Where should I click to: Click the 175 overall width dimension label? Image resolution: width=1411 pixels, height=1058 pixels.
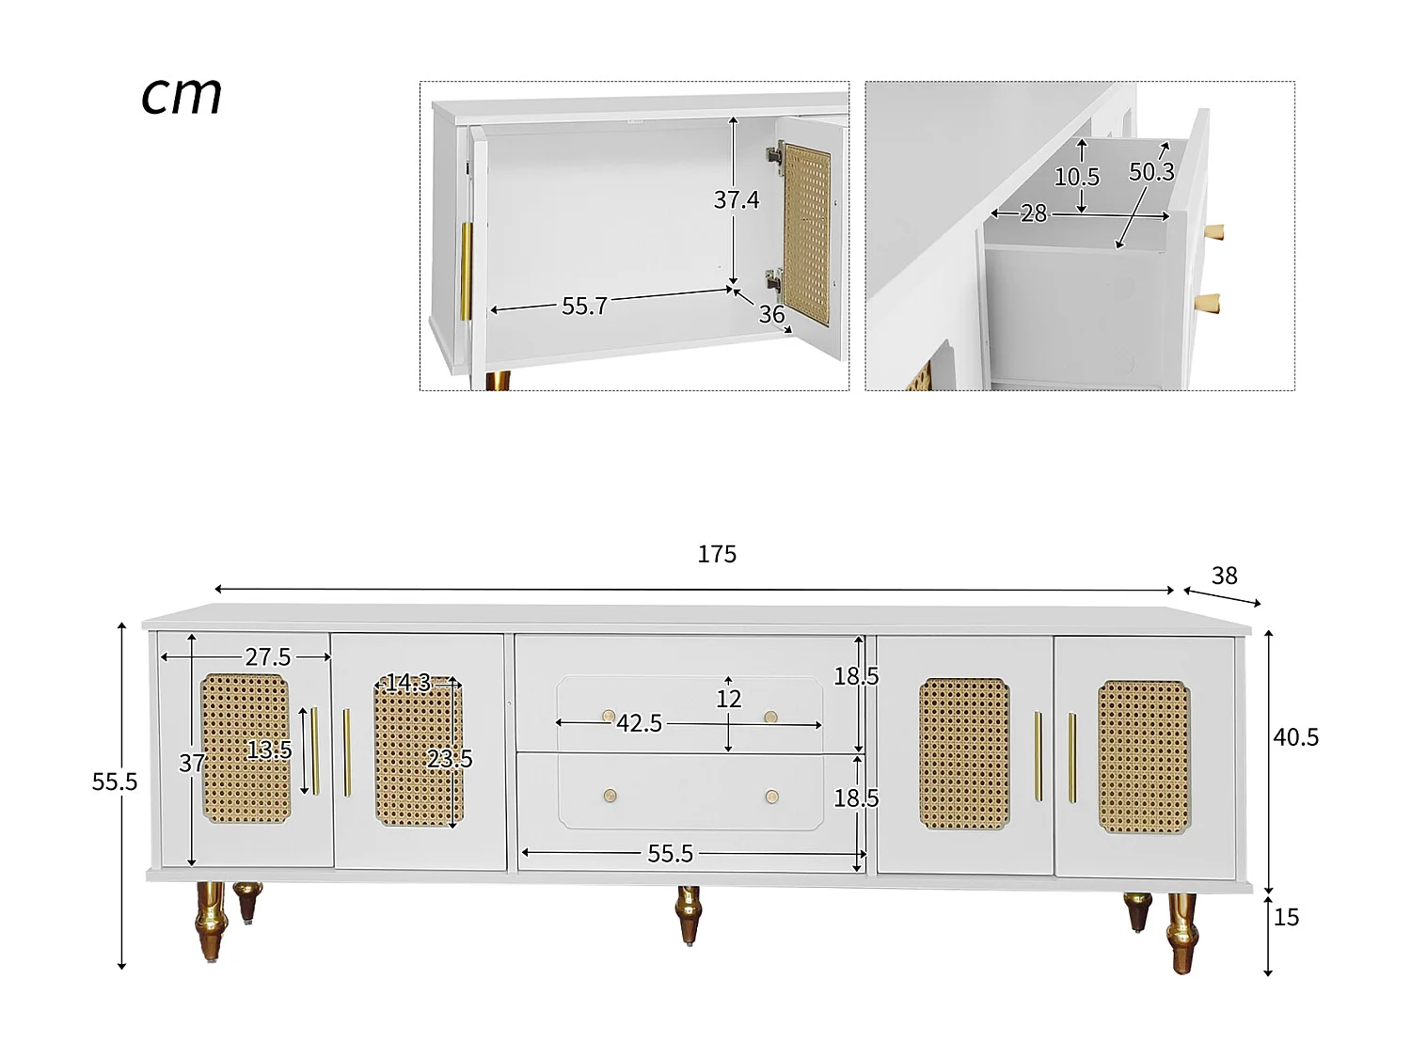[717, 554]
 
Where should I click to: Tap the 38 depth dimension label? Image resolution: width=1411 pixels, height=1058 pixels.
[1224, 576]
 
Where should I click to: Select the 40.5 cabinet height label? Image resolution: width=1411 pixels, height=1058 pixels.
[1295, 737]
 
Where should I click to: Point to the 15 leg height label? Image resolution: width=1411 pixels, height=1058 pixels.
[1286, 917]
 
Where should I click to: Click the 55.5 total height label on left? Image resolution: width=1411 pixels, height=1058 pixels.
[115, 782]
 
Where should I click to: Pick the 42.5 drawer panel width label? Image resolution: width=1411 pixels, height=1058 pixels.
[640, 723]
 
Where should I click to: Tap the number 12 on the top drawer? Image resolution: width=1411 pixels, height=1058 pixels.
[729, 699]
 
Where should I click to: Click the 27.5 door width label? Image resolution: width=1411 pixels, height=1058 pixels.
[268, 656]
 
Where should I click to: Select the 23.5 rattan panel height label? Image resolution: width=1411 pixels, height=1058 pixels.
[450, 759]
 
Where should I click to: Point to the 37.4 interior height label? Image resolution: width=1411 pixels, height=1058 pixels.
[736, 199]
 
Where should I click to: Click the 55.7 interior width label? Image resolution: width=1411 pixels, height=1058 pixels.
[584, 306]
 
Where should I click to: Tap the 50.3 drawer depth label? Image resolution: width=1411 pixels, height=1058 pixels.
[1151, 172]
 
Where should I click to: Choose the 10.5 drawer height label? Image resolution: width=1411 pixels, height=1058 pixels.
[1076, 177]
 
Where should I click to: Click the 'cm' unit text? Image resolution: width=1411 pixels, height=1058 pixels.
[182, 96]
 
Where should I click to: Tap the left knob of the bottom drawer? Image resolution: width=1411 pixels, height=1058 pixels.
[610, 797]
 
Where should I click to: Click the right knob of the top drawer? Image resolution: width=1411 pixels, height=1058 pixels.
[771, 718]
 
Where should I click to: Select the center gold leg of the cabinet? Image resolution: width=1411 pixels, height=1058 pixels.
[690, 913]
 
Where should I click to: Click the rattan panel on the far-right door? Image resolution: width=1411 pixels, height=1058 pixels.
[1144, 757]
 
